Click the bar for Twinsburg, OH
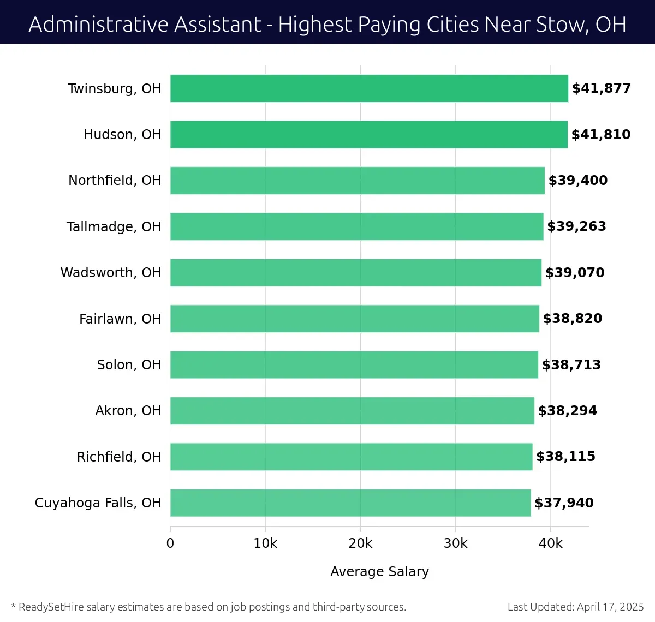369,88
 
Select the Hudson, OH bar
369,134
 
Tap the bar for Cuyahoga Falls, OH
350,503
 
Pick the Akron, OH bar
352,410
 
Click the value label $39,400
577,181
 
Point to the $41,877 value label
601,88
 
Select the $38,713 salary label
571,364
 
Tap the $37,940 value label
564,503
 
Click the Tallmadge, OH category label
114,226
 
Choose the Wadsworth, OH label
111,272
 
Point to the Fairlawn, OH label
120,319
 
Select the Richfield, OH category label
119,457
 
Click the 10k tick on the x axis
265,543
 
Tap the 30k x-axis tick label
455,543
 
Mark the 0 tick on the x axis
170,543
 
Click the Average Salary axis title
379,571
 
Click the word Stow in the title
562,25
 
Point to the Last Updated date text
575,607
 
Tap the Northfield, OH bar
358,181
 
